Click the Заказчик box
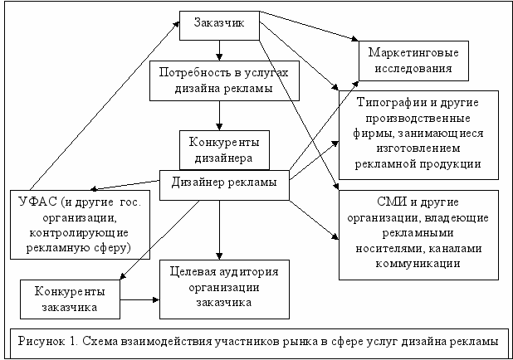(219, 25)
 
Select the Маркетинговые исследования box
(409, 61)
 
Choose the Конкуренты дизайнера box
(220, 148)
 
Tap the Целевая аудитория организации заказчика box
(219, 286)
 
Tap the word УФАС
(37, 202)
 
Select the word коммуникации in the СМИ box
(418, 264)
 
